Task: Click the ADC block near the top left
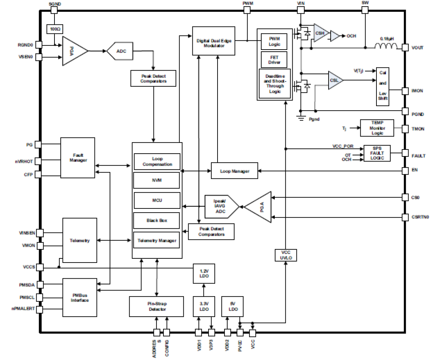point(120,51)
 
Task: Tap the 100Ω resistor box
point(54,29)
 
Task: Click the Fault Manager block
point(78,158)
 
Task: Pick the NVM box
point(157,180)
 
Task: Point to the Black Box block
point(157,220)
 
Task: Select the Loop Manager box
point(234,171)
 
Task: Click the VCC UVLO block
point(286,255)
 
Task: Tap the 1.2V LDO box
point(204,274)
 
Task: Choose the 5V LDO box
point(233,306)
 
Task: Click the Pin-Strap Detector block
point(157,306)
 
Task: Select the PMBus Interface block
point(80,298)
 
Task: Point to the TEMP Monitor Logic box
point(377,128)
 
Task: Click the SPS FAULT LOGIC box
point(377,153)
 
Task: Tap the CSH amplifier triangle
point(320,33)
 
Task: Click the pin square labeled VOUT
point(405,48)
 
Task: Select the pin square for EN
point(405,171)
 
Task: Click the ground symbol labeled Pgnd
point(301,118)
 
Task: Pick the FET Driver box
point(274,60)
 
